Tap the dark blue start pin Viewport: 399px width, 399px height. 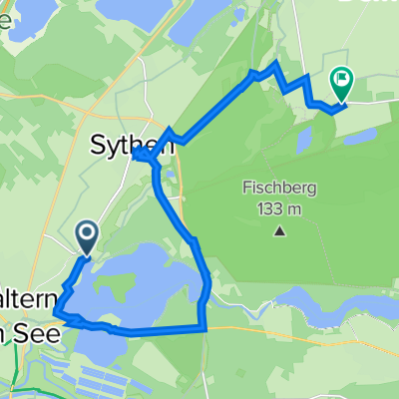pyautogui.click(x=87, y=236)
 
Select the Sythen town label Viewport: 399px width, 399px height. pyautogui.click(x=134, y=146)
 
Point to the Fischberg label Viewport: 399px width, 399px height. pyautogui.click(x=278, y=188)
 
